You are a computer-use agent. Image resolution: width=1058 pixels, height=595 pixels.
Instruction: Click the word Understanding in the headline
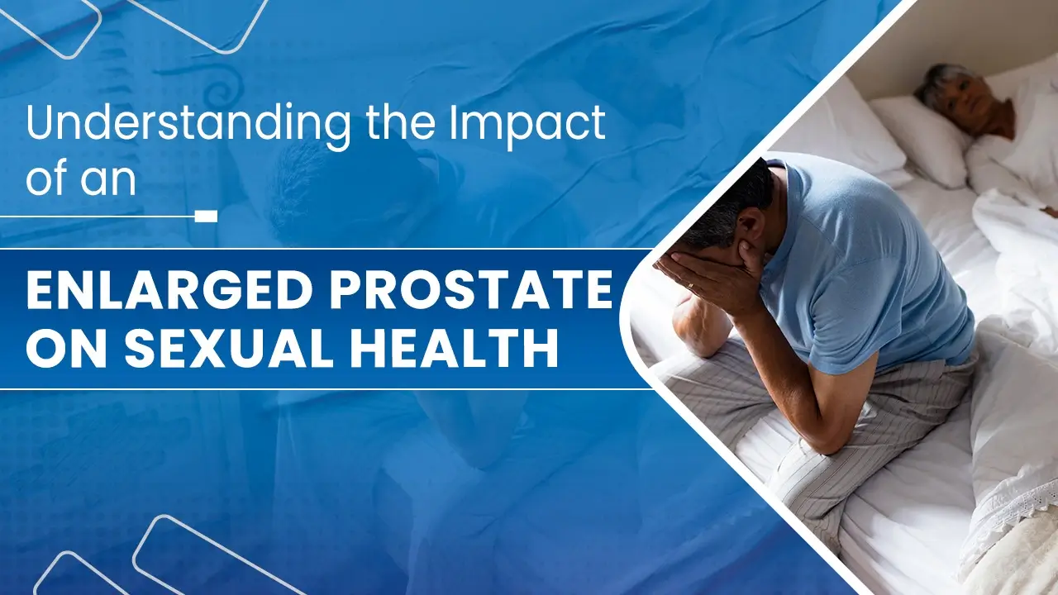coord(188,125)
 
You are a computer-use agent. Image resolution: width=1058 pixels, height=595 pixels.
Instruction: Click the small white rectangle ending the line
coord(207,217)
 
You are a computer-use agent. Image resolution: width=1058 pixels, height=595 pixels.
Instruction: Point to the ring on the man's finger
coord(689,286)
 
